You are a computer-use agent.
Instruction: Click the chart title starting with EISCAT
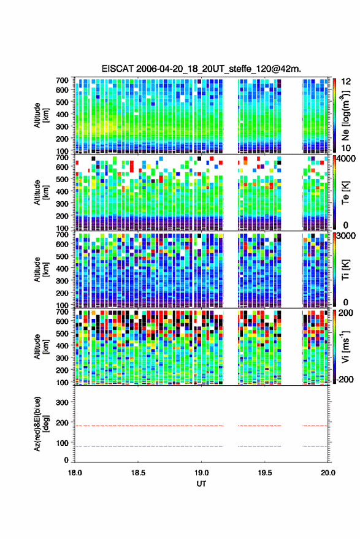click(x=201, y=69)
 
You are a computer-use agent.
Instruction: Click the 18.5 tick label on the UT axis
click(x=138, y=473)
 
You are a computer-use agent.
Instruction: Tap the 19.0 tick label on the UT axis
click(x=201, y=473)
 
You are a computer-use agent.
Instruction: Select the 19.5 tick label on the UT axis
click(x=264, y=473)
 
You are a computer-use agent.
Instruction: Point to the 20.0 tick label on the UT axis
click(x=327, y=473)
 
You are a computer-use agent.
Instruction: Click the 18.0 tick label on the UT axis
click(x=75, y=473)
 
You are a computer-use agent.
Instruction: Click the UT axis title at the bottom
click(x=201, y=484)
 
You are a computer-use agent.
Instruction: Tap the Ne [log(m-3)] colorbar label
click(x=345, y=115)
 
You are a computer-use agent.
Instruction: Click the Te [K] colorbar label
click(x=345, y=193)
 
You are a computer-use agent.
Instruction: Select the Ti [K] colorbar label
click(x=345, y=270)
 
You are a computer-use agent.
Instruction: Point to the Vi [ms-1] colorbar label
click(x=345, y=346)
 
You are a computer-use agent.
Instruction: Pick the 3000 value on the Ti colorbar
click(x=346, y=236)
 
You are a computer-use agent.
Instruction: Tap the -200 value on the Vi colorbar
click(x=345, y=380)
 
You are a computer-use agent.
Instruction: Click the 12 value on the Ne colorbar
click(x=346, y=82)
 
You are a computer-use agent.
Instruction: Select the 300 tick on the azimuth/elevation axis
click(x=62, y=402)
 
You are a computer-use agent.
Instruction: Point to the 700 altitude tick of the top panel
click(x=62, y=80)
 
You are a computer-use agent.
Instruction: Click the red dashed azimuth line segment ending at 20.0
click(x=315, y=426)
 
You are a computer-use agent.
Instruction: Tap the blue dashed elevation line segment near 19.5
click(x=259, y=446)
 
